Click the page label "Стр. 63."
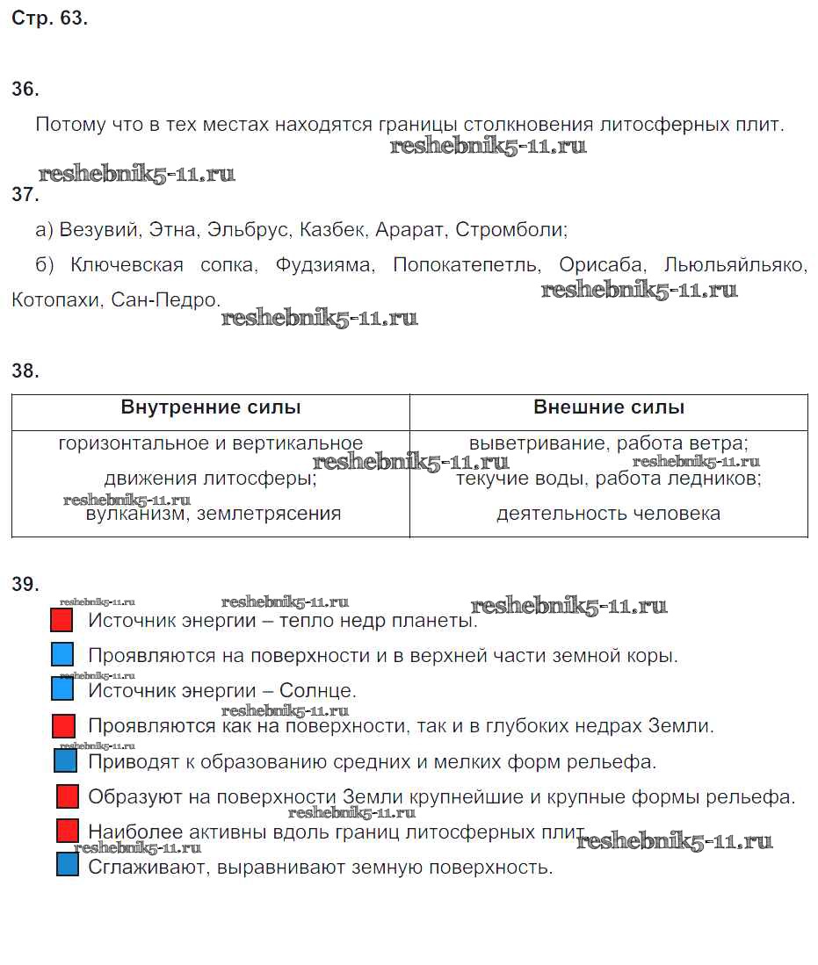click(x=49, y=18)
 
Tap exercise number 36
click(x=25, y=90)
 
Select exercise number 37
click(x=25, y=195)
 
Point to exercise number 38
click(x=25, y=371)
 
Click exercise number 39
click(x=25, y=585)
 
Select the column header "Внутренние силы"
click(x=211, y=407)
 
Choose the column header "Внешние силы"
click(x=609, y=407)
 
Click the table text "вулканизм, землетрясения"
click(x=214, y=514)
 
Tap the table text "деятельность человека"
click(x=608, y=514)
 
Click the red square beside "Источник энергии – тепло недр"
click(x=62, y=621)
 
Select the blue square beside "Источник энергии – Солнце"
click(x=62, y=689)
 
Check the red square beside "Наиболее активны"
click(x=68, y=831)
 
